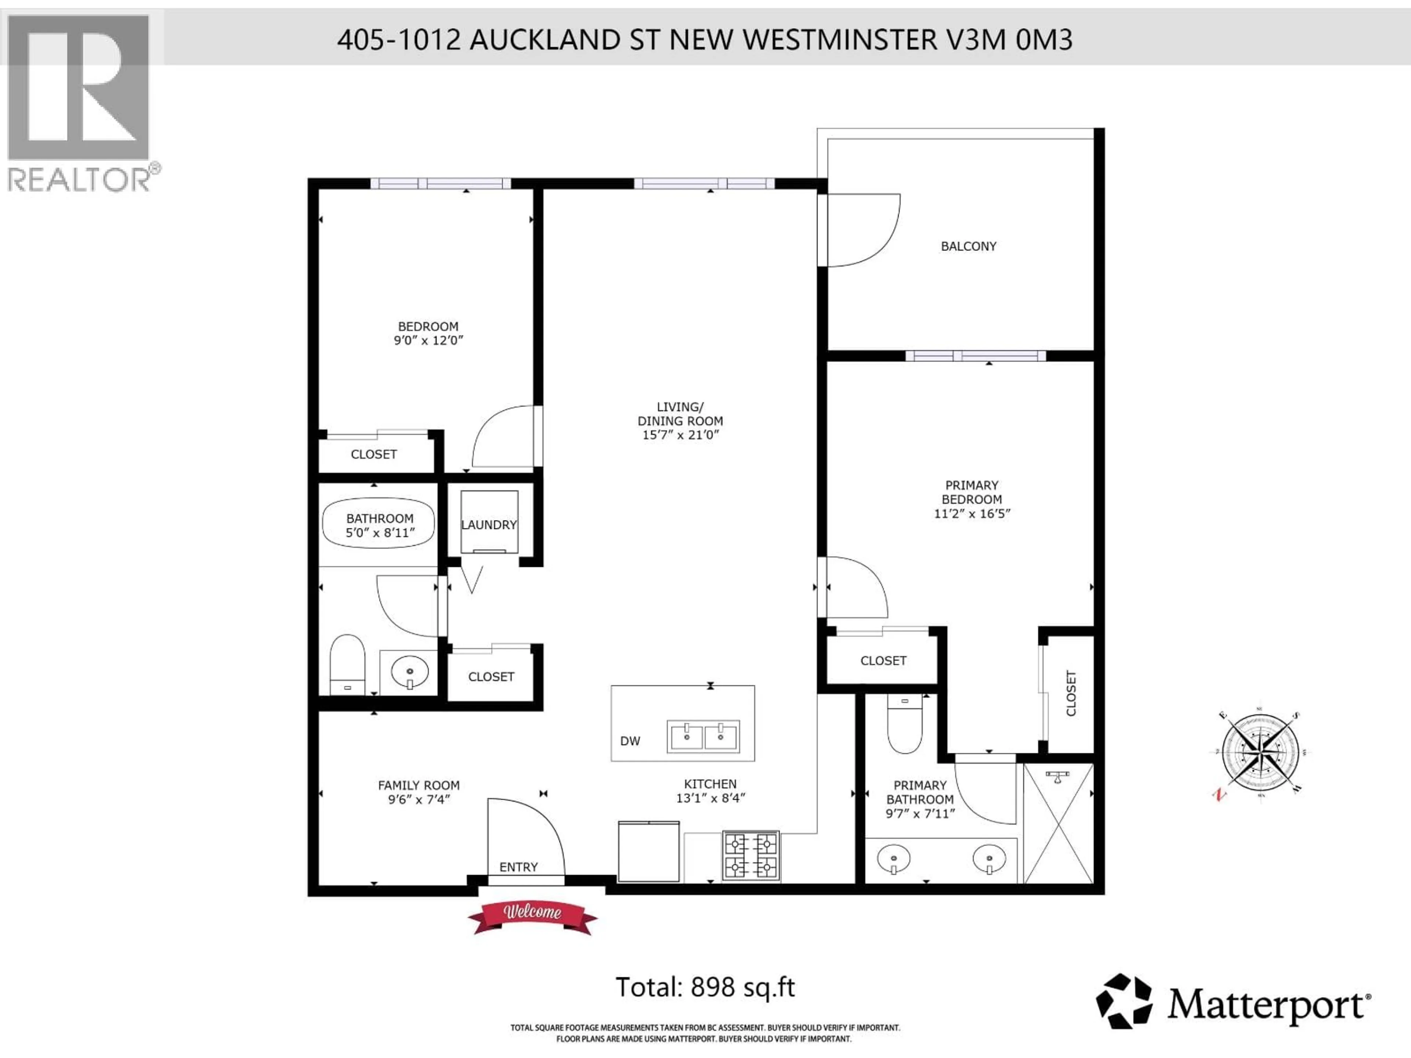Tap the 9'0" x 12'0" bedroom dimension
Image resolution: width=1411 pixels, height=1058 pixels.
(428, 341)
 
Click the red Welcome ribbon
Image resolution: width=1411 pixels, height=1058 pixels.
(532, 917)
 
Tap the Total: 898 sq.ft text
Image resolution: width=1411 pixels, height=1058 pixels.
(705, 987)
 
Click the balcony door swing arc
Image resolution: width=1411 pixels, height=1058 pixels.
(868, 233)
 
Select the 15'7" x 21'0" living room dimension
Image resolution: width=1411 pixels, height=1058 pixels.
(680, 435)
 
